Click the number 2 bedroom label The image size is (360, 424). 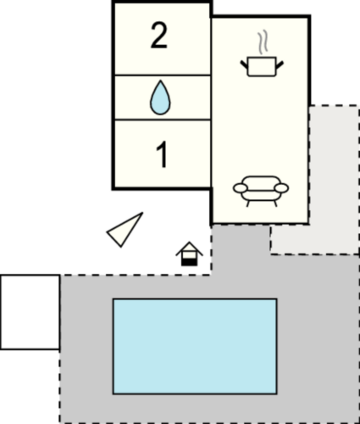[x=159, y=36]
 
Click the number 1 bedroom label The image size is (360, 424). [x=163, y=155]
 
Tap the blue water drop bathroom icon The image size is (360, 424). [x=160, y=98]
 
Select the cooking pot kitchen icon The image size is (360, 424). [x=262, y=67]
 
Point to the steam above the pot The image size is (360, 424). [x=263, y=42]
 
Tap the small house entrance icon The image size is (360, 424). [x=189, y=254]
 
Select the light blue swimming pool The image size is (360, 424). [x=195, y=346]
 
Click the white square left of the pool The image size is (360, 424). [x=30, y=312]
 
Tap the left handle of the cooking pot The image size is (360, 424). [x=244, y=64]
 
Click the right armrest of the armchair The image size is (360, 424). [x=281, y=188]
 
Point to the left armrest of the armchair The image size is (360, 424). [x=240, y=188]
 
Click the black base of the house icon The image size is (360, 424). [x=189, y=262]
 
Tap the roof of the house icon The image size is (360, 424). [x=189, y=248]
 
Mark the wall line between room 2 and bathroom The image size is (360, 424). [x=163, y=75]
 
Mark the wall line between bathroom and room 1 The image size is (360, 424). [x=163, y=120]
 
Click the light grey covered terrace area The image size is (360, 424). [x=335, y=181]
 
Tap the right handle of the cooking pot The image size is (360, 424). [x=280, y=64]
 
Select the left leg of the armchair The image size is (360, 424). [x=248, y=204]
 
